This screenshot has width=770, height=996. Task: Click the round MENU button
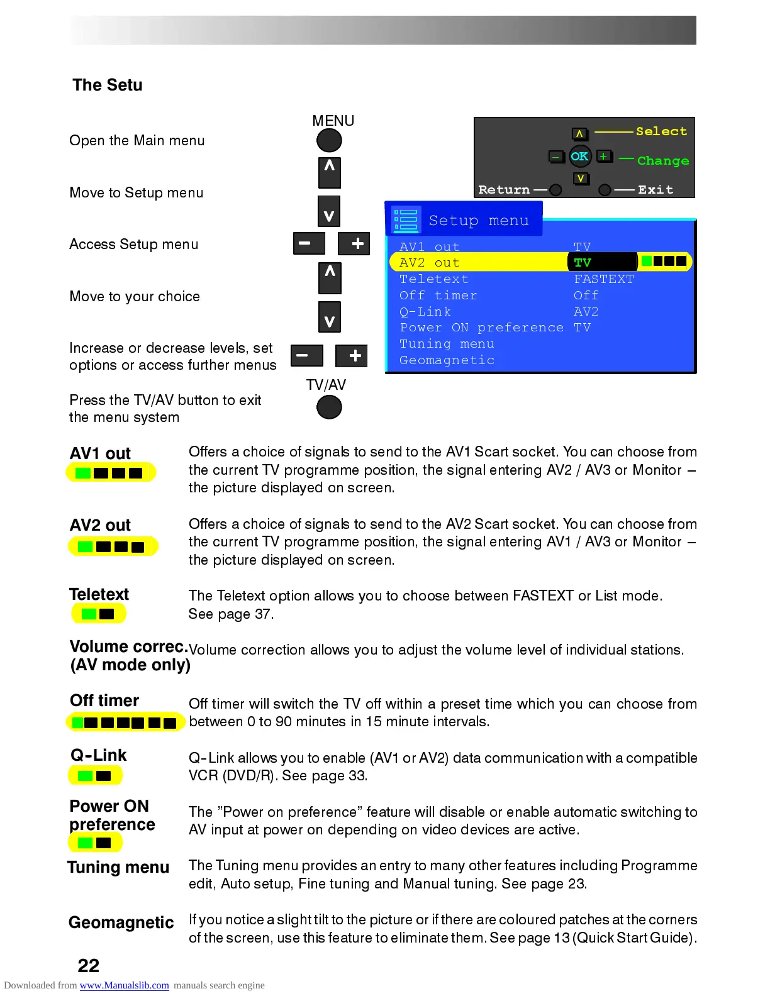[x=329, y=140]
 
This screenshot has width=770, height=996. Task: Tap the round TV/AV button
[x=329, y=407]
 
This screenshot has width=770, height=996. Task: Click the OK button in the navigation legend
[x=579, y=157]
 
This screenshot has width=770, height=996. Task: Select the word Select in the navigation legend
[x=661, y=131]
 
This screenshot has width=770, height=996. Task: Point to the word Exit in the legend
[x=656, y=190]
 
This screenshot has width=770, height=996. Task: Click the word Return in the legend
[x=504, y=190]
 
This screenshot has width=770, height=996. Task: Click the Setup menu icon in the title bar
[x=406, y=220]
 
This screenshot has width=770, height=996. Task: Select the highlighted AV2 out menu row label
[x=430, y=262]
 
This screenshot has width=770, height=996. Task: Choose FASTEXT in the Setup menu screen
[x=604, y=279]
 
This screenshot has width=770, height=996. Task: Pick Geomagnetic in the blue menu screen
[x=447, y=360]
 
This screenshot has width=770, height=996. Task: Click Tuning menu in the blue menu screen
[x=447, y=344]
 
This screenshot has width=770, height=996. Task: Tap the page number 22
[x=89, y=965]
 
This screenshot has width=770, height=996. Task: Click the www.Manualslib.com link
[x=124, y=985]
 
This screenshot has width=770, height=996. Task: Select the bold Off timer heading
[x=104, y=700]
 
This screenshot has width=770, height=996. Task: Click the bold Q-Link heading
[x=99, y=755]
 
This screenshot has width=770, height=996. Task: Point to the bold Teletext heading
[x=99, y=594]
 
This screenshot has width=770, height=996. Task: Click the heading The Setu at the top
[x=108, y=85]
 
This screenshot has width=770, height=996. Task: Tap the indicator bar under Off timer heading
[x=125, y=722]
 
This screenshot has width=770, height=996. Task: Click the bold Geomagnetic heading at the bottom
[x=121, y=922]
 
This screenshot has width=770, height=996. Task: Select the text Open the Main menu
[x=137, y=140]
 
